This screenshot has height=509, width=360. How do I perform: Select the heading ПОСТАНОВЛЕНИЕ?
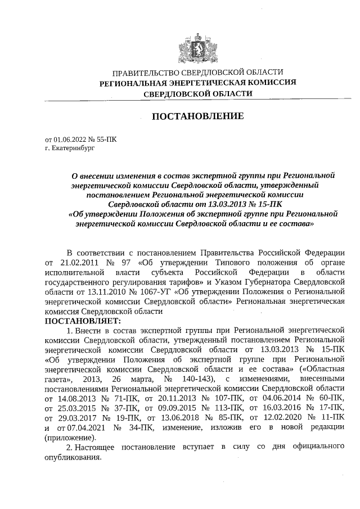point(196,116)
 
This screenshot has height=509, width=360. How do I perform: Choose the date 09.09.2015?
point(170,408)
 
